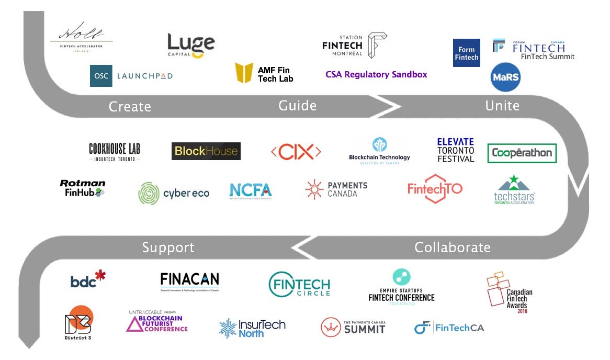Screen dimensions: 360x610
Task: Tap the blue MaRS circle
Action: [505, 77]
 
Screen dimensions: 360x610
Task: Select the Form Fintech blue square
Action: [466, 53]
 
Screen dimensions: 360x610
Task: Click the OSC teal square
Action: [101, 76]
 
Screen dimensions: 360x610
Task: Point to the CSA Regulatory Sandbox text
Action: [376, 74]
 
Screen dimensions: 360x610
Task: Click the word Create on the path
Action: [130, 107]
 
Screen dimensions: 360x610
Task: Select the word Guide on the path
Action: [297, 106]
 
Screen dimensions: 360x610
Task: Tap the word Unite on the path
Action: [502, 106]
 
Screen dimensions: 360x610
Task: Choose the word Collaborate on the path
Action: [453, 247]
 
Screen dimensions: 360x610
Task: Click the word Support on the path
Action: [168, 247]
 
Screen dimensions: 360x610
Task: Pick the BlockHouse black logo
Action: [206, 151]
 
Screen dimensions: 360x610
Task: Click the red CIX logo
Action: [296, 152]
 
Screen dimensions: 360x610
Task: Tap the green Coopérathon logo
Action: [522, 153]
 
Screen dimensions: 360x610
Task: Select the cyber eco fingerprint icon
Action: [149, 193]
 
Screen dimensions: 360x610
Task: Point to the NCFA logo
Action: [251, 192]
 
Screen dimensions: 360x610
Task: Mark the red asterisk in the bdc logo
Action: [100, 275]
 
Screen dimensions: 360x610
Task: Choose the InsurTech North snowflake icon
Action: [228, 328]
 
